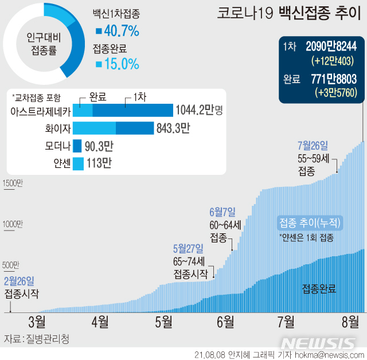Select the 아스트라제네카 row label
coord(41,111)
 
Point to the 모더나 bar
coord(77,146)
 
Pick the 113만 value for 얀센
coord(99,164)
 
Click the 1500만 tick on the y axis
coord(12,183)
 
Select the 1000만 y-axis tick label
coord(12,224)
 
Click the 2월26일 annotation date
coord(19,281)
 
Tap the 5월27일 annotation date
coord(188,249)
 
